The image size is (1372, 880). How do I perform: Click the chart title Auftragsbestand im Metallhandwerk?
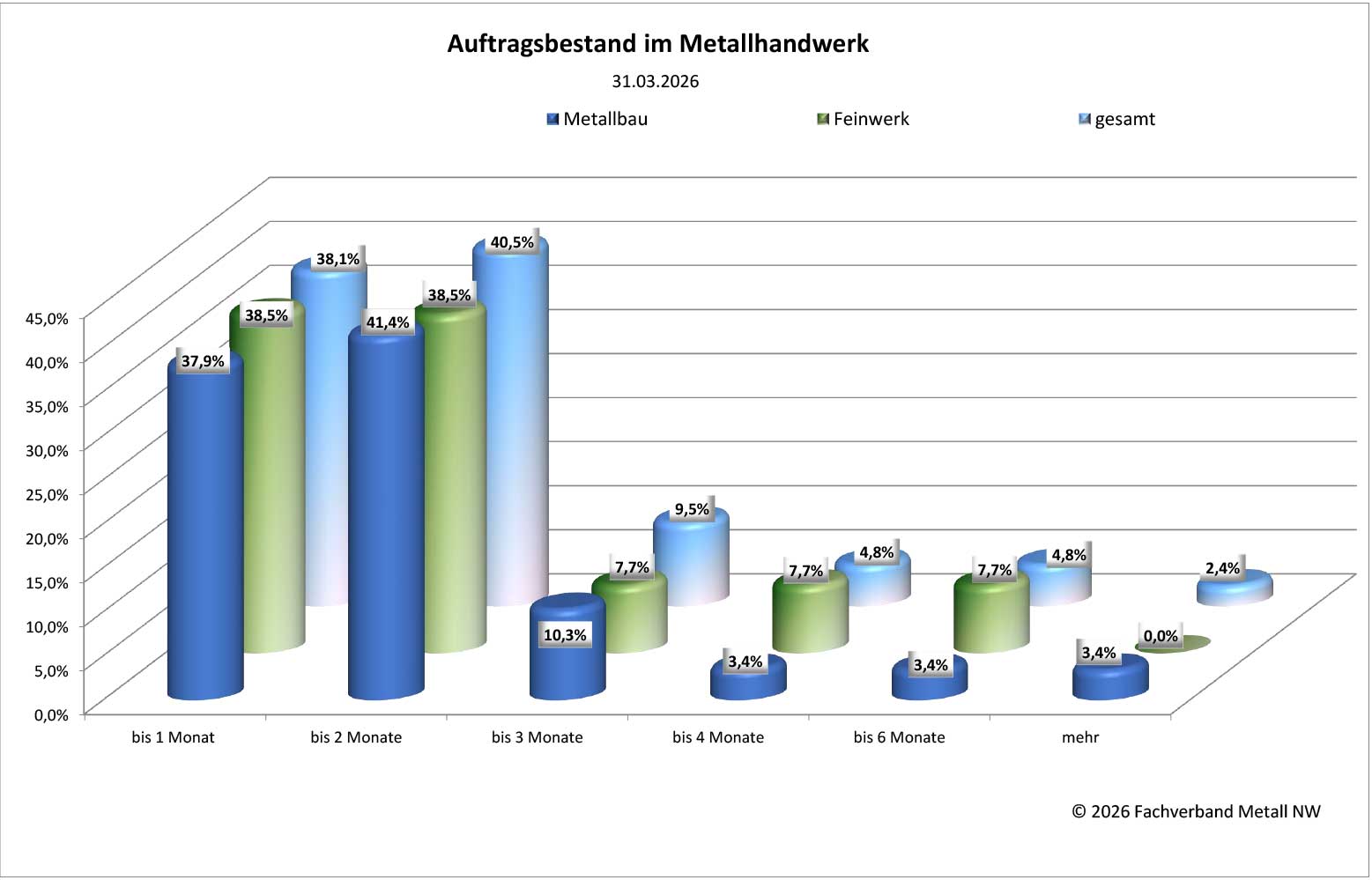[657, 44]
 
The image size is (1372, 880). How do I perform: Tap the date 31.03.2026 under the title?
[655, 82]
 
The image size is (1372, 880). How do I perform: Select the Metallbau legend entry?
[597, 119]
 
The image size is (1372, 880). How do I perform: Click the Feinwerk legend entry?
[864, 119]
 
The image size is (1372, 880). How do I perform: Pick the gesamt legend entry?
[1117, 120]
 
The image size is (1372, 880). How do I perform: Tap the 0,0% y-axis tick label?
[51, 714]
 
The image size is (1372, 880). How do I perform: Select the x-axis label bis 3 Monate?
[537, 737]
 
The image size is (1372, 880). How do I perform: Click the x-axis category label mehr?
[1080, 737]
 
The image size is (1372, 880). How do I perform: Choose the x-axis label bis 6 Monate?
[899, 737]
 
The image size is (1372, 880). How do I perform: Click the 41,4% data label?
[388, 322]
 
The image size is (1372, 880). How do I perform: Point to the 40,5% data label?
[512, 242]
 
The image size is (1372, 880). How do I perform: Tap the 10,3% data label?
[565, 635]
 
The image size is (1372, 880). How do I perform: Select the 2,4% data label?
[1222, 568]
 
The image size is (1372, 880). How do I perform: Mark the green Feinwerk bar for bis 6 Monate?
[991, 617]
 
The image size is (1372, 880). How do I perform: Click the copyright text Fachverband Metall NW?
[1196, 811]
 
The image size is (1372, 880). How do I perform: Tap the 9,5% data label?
[692, 509]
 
